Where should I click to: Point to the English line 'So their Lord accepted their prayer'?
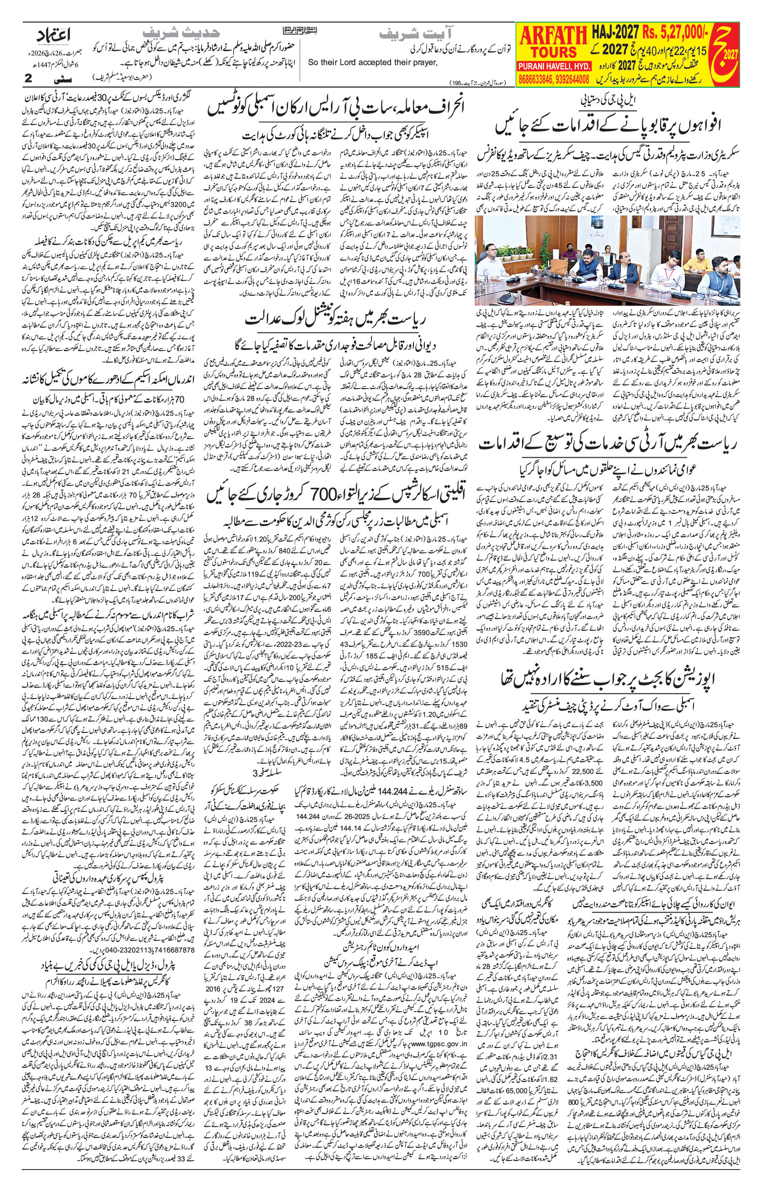[x=373, y=62]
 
